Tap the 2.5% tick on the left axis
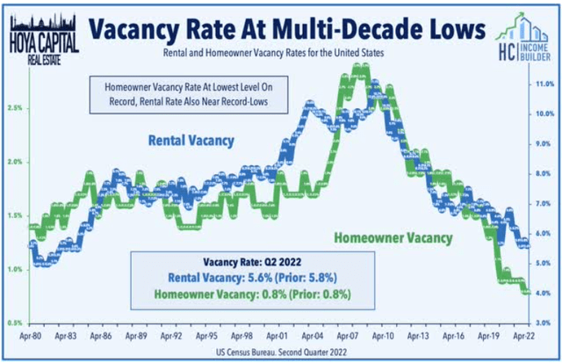pyautogui.click(x=16, y=108)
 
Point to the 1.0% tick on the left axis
pyautogui.click(x=16, y=270)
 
